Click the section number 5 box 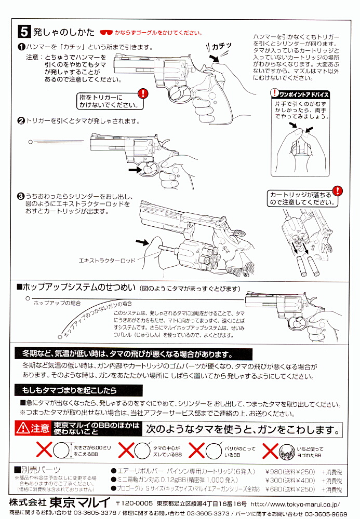(x=24, y=32)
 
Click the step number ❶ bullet (x=21, y=47)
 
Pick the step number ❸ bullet (x=21, y=196)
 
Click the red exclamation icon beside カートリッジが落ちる (x=338, y=191)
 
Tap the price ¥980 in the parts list (x=276, y=471)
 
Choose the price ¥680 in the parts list (x=276, y=489)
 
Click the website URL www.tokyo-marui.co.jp (x=296, y=503)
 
